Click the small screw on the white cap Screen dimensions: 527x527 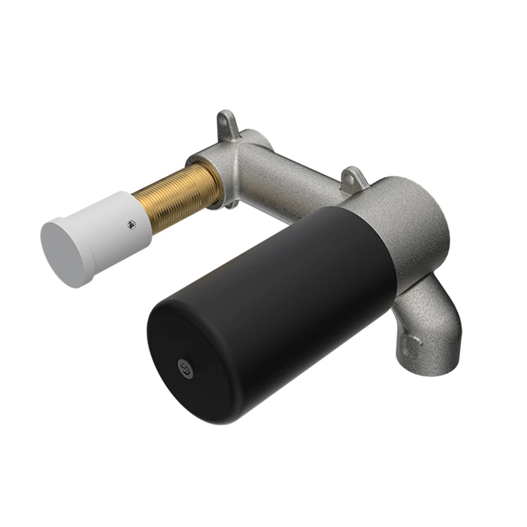(131, 224)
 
